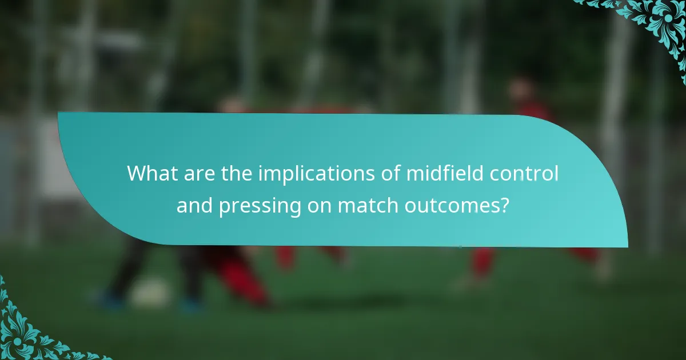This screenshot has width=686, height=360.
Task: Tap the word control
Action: point(524,173)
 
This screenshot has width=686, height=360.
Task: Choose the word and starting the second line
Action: point(194,205)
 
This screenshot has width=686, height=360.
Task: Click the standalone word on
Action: point(320,205)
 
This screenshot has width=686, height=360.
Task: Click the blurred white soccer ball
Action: point(150,293)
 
